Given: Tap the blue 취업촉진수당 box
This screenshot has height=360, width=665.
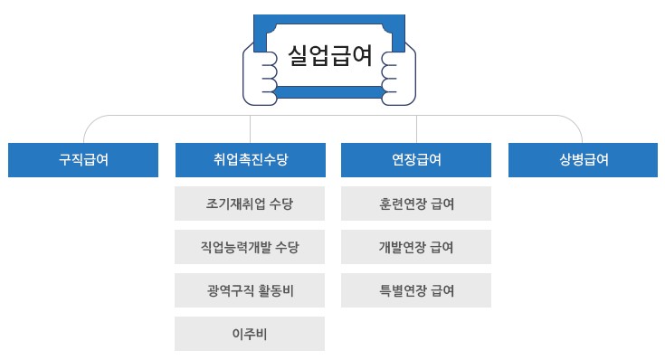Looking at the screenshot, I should coord(250,160).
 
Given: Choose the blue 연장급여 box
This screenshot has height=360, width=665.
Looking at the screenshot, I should coord(416,160).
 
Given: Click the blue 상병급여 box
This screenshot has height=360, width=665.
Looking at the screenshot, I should coord(583,160).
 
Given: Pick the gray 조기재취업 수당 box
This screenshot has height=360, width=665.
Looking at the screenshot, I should coord(250,204).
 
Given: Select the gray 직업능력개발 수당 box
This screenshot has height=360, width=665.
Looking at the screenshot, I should coord(250,247).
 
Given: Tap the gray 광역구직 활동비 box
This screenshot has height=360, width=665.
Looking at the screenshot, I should coord(250,290).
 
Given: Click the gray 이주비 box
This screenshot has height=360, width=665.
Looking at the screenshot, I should coord(250,334).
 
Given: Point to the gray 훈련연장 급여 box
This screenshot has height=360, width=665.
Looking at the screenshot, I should coord(416,204).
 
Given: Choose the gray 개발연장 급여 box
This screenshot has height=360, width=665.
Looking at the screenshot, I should coord(416,247).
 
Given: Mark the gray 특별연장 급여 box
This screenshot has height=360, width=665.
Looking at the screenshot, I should coord(416,290).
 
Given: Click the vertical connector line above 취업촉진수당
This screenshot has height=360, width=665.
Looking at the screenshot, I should coord(250,129).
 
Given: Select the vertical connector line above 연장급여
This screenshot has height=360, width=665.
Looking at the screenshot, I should coord(416,129).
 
